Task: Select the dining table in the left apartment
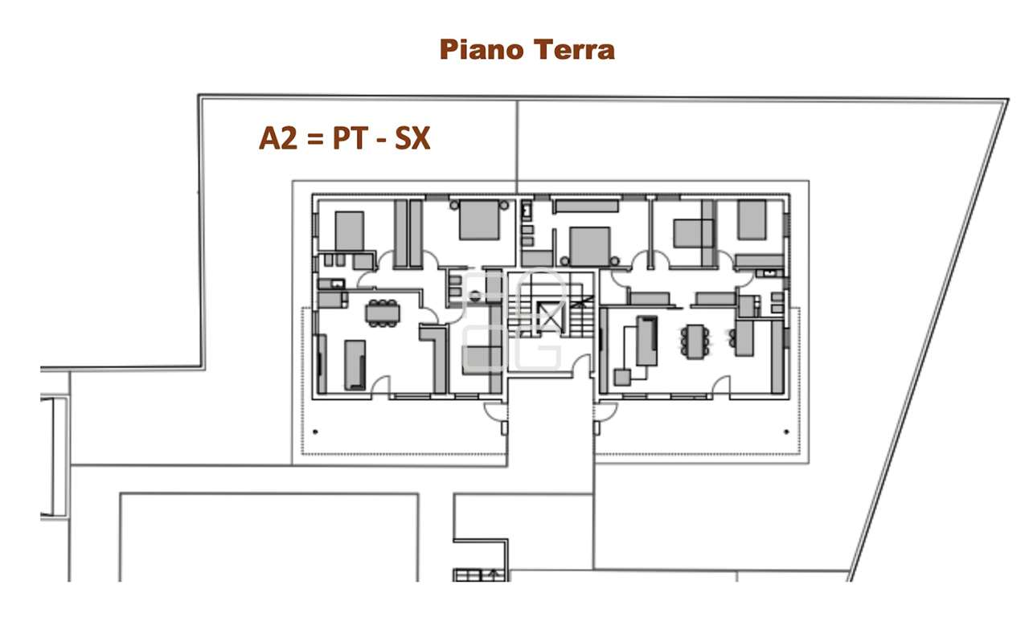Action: tap(382, 313)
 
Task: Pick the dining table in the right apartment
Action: tap(695, 341)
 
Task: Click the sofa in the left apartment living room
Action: tap(355, 365)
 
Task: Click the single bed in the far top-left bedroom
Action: tap(349, 230)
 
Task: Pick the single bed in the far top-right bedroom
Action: tap(752, 219)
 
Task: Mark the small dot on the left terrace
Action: tap(314, 432)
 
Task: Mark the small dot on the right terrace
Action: tap(785, 431)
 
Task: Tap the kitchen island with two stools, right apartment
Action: tap(744, 338)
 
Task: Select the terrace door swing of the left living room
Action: tap(380, 386)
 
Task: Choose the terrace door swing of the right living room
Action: tap(720, 386)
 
